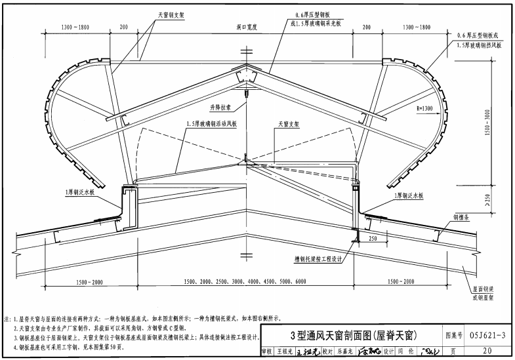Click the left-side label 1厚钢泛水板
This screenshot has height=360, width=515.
79,192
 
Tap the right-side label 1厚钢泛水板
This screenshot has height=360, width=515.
410,195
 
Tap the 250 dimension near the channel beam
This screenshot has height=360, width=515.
372,239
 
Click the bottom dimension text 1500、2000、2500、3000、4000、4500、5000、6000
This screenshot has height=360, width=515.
245,281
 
